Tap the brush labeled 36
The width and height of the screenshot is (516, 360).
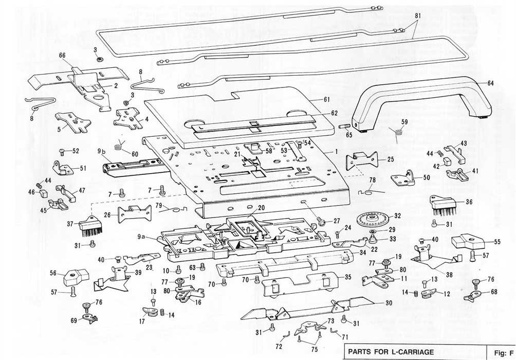click(x=441, y=206)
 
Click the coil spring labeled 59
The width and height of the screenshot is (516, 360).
click(x=398, y=132)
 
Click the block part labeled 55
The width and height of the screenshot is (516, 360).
click(x=467, y=241)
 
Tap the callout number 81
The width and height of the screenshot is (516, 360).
click(x=418, y=15)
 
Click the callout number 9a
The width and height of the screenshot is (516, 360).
click(x=141, y=236)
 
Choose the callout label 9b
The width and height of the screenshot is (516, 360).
click(x=101, y=152)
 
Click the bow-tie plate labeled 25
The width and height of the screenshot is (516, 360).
click(x=361, y=160)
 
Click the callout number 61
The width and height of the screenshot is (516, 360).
click(x=326, y=99)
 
